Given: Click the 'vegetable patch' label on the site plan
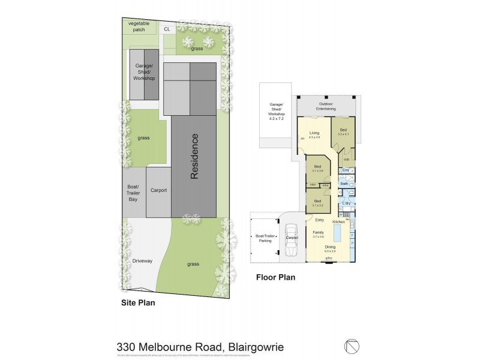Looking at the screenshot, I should [x=139, y=26].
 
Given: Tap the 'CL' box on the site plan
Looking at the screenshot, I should [x=166, y=28].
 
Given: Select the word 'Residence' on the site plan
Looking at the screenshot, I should [x=194, y=157].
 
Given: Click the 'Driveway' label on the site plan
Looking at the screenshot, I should [x=142, y=261].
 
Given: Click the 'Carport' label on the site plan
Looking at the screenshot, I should [x=158, y=190].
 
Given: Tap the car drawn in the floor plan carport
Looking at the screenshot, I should [x=292, y=238].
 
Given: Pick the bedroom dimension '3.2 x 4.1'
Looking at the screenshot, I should [x=343, y=134].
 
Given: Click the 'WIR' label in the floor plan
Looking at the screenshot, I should [x=347, y=160].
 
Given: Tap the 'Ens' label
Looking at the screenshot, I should [x=345, y=171].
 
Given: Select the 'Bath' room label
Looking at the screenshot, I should [x=344, y=184].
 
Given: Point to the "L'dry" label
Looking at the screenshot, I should [x=346, y=204].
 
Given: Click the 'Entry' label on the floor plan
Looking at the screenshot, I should [x=319, y=220].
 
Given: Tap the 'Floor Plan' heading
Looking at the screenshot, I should [x=275, y=278].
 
